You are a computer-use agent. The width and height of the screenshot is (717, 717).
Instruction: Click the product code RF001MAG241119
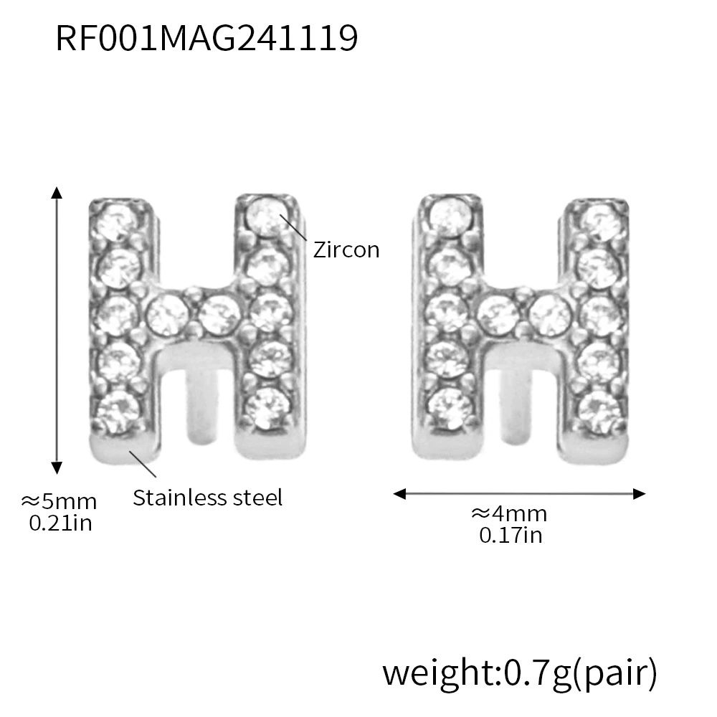click(206, 38)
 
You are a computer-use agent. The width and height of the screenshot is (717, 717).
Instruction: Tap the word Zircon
click(346, 250)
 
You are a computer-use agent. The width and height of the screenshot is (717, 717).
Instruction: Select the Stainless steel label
click(208, 498)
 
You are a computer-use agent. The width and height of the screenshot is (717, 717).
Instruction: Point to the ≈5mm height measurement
click(59, 502)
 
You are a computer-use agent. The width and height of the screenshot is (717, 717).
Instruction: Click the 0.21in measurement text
click(60, 523)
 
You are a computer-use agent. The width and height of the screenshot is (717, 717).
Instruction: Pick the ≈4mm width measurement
click(509, 514)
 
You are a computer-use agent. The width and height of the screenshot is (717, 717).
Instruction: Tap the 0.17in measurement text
click(511, 535)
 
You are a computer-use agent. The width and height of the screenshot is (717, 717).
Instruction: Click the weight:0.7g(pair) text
click(519, 673)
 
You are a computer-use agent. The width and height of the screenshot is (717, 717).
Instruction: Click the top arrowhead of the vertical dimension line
click(57, 192)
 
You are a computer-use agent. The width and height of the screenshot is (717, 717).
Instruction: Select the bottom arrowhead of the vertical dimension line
click(57, 467)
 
